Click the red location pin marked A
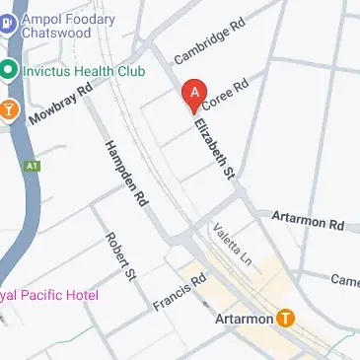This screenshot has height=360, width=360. tap(195, 94)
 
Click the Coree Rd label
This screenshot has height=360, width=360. tap(226, 94)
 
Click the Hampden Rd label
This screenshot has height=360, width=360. tap(125, 169)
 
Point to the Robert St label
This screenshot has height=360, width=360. tap(118, 256)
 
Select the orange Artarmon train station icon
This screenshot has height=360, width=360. tap(286, 319)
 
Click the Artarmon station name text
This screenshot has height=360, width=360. tap(244, 320)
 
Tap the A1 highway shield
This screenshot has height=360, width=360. tap(35, 167)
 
